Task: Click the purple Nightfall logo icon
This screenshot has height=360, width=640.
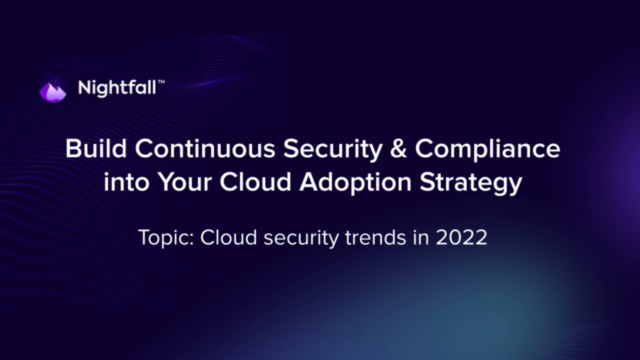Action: click(52, 90)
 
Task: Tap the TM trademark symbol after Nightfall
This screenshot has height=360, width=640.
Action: click(161, 82)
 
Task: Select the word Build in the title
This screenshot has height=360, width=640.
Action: click(94, 149)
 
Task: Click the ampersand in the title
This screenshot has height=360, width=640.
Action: click(398, 149)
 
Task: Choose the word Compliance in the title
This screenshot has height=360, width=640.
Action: click(487, 149)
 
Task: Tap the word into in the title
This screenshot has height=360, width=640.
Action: click(126, 182)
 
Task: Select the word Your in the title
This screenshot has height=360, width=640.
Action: click(186, 182)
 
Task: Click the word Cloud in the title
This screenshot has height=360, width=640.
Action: click(255, 182)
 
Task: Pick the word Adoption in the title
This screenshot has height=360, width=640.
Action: click(355, 183)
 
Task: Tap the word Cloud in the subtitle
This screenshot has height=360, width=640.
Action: click(228, 237)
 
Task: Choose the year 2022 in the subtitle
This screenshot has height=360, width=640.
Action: click(461, 237)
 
